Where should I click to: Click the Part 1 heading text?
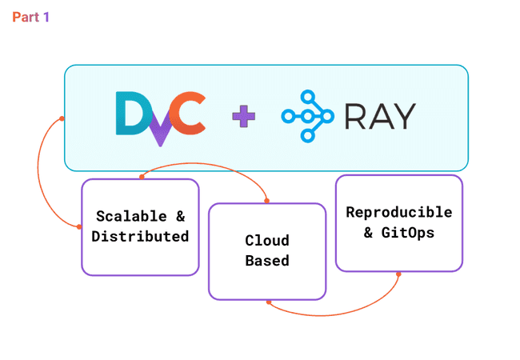pyautogui.click(x=30, y=17)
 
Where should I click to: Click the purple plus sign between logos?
pyautogui.click(x=244, y=117)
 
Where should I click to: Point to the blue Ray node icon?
pyautogui.click(x=307, y=117)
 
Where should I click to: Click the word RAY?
pyautogui.click(x=380, y=117)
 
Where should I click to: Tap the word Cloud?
pyautogui.click(x=267, y=240)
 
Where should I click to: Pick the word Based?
pyautogui.click(x=267, y=261)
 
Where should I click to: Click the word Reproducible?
pyautogui.click(x=398, y=213)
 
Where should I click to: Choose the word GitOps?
pyautogui.click(x=407, y=234)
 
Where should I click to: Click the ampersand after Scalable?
pyautogui.click(x=180, y=216)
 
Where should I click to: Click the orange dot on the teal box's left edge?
pyautogui.click(x=62, y=120)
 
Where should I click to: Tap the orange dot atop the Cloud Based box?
pyautogui.click(x=267, y=201)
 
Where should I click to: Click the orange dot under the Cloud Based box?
pyautogui.click(x=269, y=302)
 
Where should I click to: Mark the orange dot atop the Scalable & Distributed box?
pyautogui.click(x=141, y=176)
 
